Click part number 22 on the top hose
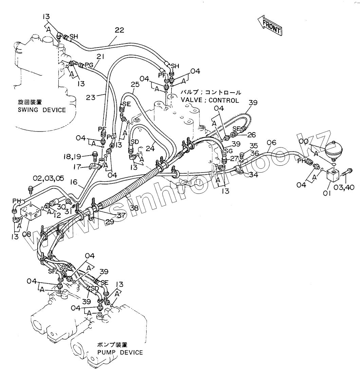tap(119, 30)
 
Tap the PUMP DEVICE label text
tap(120, 352)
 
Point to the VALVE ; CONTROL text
tap(210, 100)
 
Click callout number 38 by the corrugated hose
tap(134, 207)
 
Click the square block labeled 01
tap(334, 176)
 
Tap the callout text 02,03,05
tap(48, 179)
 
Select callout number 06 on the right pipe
tap(272, 143)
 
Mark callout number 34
tap(253, 175)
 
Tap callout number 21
tap(100, 57)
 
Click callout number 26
tap(251, 135)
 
